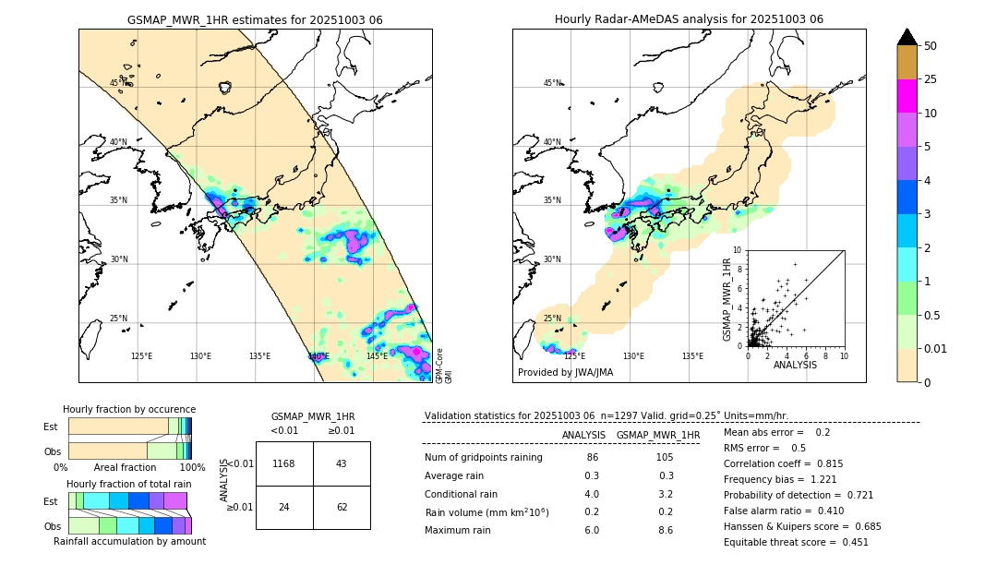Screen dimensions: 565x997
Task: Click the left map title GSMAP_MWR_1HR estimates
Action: [255, 19]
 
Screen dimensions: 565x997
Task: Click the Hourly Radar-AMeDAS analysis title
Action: [689, 19]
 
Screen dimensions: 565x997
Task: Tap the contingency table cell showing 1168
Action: [284, 463]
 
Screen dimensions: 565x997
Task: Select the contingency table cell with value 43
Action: [342, 463]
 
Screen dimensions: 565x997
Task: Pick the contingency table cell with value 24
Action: [284, 507]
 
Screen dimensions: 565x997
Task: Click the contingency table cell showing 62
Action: [342, 507]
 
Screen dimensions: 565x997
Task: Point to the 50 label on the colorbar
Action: [931, 46]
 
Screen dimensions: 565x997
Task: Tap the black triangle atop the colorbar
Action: [907, 37]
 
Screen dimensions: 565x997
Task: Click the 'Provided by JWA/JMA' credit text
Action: [565, 373]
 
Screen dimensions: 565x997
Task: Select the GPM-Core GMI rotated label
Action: [444, 366]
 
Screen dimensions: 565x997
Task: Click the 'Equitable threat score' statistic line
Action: [796, 543]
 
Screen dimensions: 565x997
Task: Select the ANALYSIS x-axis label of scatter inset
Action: [795, 365]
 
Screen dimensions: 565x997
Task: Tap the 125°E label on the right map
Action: [574, 356]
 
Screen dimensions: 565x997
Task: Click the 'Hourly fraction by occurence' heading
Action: [129, 409]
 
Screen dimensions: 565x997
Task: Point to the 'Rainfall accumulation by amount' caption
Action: [129, 542]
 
